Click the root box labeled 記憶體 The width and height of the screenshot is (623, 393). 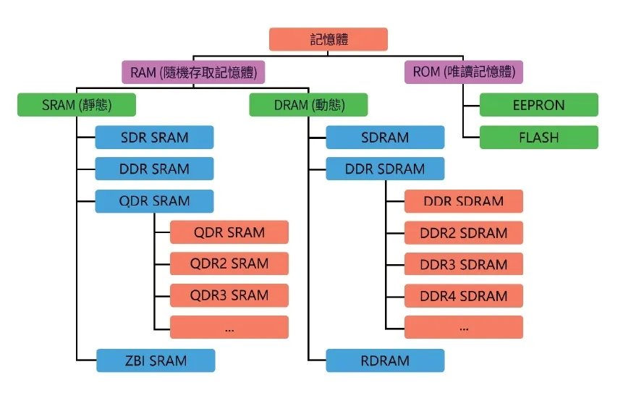pos(329,39)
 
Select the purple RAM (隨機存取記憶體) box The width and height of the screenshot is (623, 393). pos(193,72)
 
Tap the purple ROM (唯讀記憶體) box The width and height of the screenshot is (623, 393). pos(464,72)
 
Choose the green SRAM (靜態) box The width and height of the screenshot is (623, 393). pos(76,105)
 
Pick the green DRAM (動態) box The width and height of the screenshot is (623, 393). pos(308,105)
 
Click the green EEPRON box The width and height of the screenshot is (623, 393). pos(539,105)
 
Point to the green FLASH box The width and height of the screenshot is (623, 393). pos(539,138)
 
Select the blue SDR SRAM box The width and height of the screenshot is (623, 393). pos(154,138)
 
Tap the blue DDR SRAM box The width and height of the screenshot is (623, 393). pos(154,169)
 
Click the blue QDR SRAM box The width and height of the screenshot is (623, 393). pos(154,201)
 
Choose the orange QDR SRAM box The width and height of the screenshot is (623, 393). pos(229,232)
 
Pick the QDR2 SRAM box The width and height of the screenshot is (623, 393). pos(229,264)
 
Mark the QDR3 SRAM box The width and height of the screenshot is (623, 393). pos(229,295)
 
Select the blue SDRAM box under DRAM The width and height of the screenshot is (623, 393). pos(384,138)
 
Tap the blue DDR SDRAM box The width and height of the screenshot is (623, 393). pos(384,169)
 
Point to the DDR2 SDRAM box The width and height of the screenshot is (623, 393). pos(464,232)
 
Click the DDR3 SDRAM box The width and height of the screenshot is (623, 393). pos(464,264)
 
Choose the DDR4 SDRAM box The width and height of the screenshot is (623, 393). pos(464,295)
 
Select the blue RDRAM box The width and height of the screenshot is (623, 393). pos(384,360)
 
